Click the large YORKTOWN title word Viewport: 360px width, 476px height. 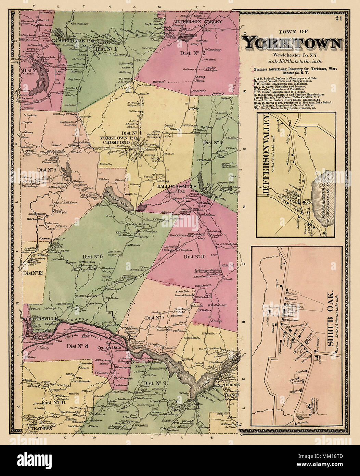click(x=292, y=43)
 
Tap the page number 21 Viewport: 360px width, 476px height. click(x=339, y=18)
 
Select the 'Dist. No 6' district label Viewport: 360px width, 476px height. click(x=92, y=256)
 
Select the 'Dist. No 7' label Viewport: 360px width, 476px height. click(x=154, y=318)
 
